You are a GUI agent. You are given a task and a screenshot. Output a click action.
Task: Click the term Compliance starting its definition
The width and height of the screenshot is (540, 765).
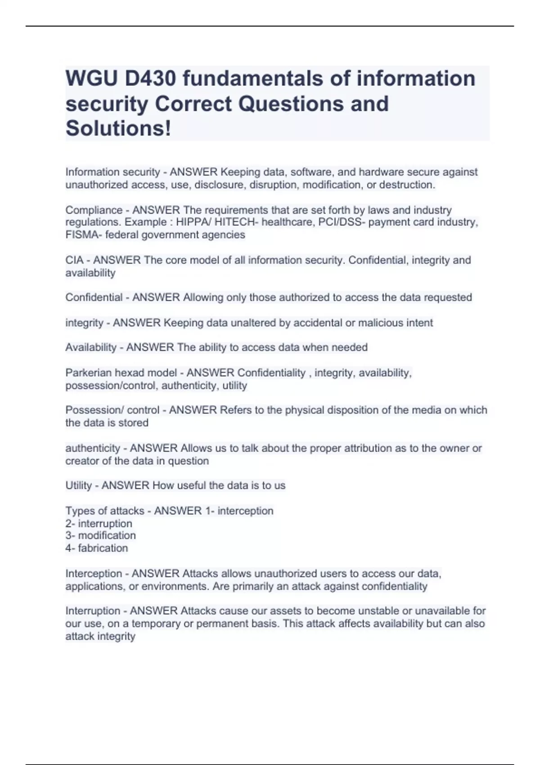pos(94,210)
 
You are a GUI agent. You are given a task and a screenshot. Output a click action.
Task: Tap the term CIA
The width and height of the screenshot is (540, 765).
pos(75,260)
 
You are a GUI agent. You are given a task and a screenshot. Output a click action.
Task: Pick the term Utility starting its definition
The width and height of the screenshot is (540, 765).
pos(78,486)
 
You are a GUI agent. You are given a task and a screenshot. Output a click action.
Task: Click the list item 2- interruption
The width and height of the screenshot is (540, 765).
pos(99,524)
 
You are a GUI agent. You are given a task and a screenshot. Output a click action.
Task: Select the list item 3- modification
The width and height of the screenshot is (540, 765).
pos(100,535)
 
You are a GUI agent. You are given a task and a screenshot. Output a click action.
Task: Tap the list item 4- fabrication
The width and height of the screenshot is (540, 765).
pos(96,548)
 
